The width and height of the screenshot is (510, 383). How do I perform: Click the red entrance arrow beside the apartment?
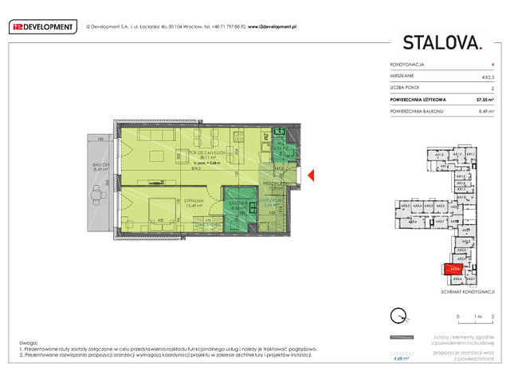[x=312, y=176]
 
